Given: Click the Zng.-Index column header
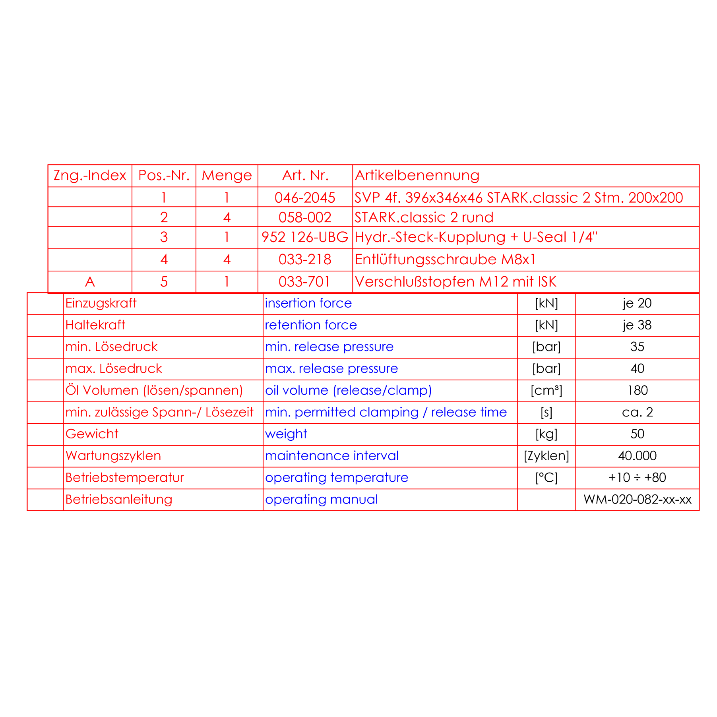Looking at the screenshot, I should click(x=90, y=175).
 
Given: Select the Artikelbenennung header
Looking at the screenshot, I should click(x=417, y=175).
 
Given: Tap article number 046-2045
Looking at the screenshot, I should click(x=305, y=198).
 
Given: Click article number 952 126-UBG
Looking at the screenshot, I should click(x=305, y=237).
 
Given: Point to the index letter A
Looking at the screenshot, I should click(x=90, y=282).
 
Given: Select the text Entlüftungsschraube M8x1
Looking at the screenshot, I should click(x=445, y=260).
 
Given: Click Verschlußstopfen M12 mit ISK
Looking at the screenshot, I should click(x=455, y=282).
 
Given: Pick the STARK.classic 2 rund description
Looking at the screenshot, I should click(x=424, y=217).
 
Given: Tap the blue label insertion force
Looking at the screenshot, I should click(x=308, y=303).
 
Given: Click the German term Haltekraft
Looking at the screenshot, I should click(x=95, y=325).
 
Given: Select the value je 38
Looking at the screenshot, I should click(x=637, y=325).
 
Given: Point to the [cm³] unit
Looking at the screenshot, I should click(x=546, y=390).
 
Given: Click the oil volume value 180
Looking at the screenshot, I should click(x=637, y=390).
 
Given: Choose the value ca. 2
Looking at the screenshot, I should click(x=637, y=412).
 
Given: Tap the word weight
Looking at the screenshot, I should click(x=286, y=434).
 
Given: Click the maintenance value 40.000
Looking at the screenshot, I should click(x=637, y=455).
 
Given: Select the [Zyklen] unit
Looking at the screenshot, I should click(x=546, y=455).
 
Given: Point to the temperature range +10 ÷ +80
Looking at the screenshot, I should click(x=637, y=477).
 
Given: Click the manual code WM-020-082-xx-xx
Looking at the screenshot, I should click(x=637, y=499).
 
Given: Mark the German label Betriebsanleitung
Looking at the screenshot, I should click(x=119, y=499).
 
